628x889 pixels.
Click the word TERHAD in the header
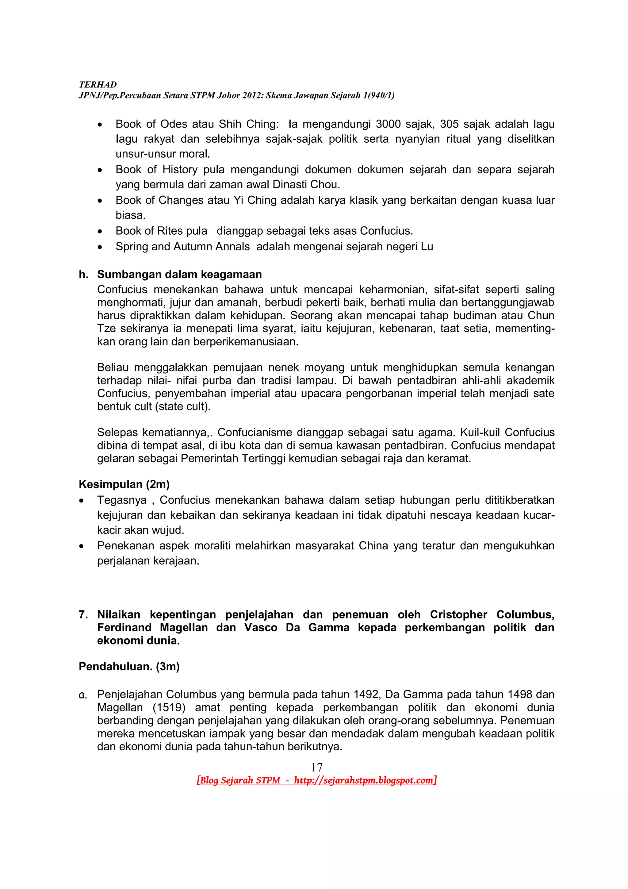pos(98,84)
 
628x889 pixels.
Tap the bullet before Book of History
pos(100,170)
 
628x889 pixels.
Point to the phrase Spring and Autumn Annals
pos(183,246)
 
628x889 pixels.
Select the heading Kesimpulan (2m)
pos(124,484)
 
